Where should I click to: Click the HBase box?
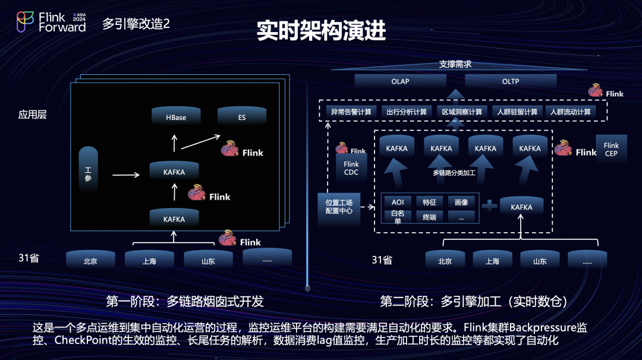pos(176,117)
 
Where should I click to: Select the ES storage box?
pos(241,117)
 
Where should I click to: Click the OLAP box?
pos(400,81)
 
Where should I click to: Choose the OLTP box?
pos(510,81)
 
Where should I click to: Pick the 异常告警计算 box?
pos(351,112)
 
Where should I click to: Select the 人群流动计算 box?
pos(570,112)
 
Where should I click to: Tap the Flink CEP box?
pos(611,150)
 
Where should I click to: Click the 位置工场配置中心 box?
pos(339,207)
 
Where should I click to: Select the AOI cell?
pos(398,202)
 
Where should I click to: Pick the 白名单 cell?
pos(398,216)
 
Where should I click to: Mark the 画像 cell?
pos(461,202)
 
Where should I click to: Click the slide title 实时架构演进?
pos(321,31)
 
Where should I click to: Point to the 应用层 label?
pos(33,115)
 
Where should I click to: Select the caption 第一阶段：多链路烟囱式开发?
pos(184,301)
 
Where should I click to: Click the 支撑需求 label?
pos(455,64)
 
